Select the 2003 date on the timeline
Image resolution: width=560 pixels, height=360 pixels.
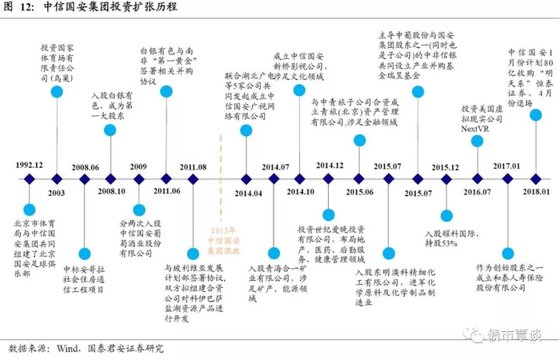(57, 192)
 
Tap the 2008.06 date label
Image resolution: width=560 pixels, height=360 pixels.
(85, 166)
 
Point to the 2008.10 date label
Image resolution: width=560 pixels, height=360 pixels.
(111, 192)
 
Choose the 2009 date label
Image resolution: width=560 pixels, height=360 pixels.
(138, 166)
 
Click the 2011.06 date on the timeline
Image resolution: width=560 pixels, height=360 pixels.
(166, 192)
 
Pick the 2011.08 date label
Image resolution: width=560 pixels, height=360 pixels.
(193, 166)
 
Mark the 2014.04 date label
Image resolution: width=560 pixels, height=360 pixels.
(248, 193)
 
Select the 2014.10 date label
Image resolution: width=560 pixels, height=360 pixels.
(302, 192)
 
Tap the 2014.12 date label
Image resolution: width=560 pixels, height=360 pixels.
(329, 165)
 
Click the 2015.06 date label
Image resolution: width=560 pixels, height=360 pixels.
(360, 192)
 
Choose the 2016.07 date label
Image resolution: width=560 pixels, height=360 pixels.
(477, 192)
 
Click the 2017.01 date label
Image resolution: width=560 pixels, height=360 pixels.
(506, 166)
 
